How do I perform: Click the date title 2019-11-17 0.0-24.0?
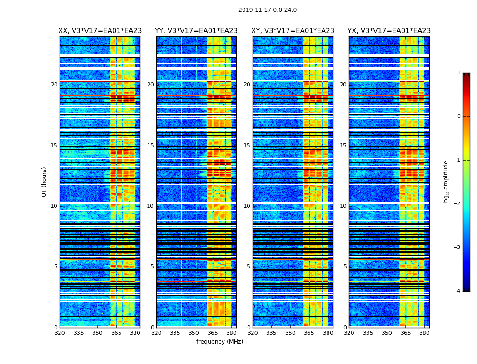(268, 10)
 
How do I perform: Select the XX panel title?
(100, 31)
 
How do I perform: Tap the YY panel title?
(196, 31)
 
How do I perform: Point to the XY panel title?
(293, 31)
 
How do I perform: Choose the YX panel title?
(389, 31)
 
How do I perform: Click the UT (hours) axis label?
(44, 182)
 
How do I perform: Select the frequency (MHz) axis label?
(219, 342)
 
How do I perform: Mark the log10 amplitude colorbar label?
(446, 182)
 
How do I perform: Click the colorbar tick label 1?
(459, 73)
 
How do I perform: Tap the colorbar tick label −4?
(457, 291)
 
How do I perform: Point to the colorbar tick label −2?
(457, 204)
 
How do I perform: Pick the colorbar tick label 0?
(459, 116)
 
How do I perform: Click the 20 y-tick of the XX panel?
(54, 85)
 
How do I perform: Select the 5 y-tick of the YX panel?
(345, 267)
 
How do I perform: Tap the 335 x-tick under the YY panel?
(175, 333)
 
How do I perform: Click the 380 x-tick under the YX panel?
(424, 333)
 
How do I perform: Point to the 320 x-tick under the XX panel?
(60, 333)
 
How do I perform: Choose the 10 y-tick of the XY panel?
(247, 206)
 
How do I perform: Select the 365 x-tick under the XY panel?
(309, 333)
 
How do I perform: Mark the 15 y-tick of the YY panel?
(150, 146)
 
